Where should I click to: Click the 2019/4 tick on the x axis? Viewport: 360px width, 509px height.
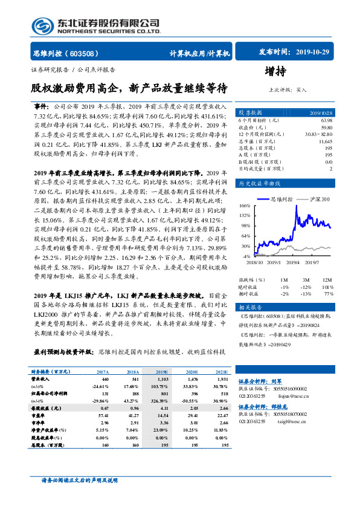tap(295, 262)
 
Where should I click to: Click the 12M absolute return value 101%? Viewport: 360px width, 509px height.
tap(328, 286)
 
